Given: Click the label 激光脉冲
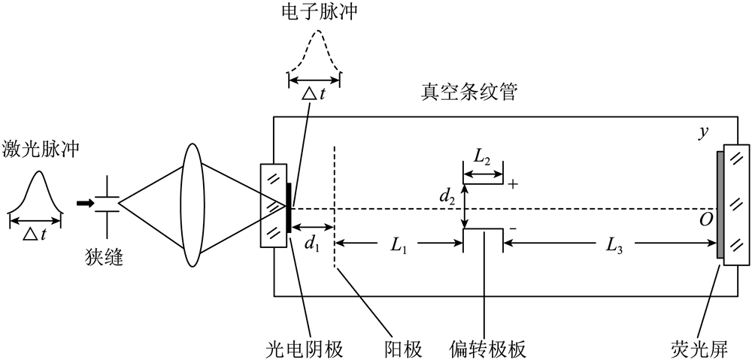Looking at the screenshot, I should coord(43,151).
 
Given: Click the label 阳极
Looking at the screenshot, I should coord(402,348).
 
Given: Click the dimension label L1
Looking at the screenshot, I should coord(399,244).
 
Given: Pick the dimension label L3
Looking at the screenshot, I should coord(613,244).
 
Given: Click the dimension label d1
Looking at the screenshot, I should coord(312,244).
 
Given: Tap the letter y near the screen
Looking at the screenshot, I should coord(704,132).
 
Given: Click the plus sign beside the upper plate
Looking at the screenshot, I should coord(514,183).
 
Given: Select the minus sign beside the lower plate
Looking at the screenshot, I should coord(513,228).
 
